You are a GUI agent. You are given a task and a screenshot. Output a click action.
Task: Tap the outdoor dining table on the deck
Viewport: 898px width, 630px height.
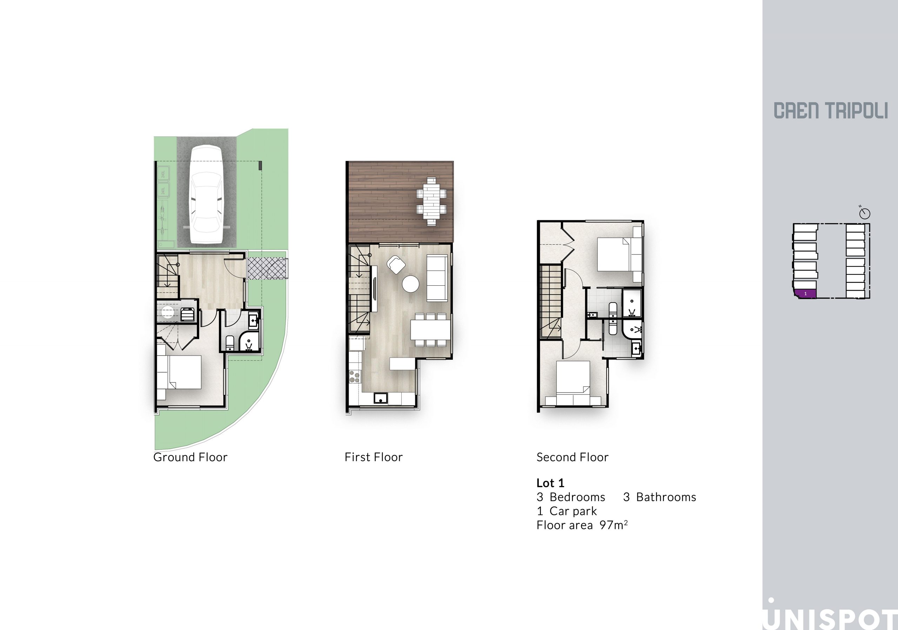tap(431, 201)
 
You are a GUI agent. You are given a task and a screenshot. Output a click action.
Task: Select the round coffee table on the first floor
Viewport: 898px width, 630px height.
tap(411, 284)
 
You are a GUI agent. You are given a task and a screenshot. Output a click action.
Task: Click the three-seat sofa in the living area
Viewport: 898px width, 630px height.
tap(437, 278)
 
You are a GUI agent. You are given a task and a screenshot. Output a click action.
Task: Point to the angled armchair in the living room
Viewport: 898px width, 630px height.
tap(396, 265)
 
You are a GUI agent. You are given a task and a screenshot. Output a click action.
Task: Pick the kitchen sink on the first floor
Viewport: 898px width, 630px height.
tap(380, 398)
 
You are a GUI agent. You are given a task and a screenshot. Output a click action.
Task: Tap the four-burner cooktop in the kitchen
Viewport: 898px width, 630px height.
tap(355, 377)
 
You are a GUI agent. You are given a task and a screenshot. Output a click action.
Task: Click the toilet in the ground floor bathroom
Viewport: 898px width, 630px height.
tap(230, 343)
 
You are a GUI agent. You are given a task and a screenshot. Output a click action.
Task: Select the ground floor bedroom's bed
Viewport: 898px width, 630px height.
tap(179, 372)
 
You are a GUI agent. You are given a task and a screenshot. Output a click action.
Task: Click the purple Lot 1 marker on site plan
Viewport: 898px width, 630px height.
tap(805, 293)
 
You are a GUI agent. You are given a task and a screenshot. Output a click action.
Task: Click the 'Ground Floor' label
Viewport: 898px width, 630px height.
tap(190, 457)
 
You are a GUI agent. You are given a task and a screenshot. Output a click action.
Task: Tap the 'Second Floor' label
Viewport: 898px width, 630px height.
tap(572, 457)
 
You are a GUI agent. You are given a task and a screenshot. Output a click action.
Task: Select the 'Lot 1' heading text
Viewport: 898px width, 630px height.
tap(550, 483)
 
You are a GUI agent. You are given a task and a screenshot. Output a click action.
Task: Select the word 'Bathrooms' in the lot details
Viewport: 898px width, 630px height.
tap(666, 497)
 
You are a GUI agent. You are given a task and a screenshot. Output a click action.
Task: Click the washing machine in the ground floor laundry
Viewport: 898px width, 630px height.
tap(188, 314)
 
